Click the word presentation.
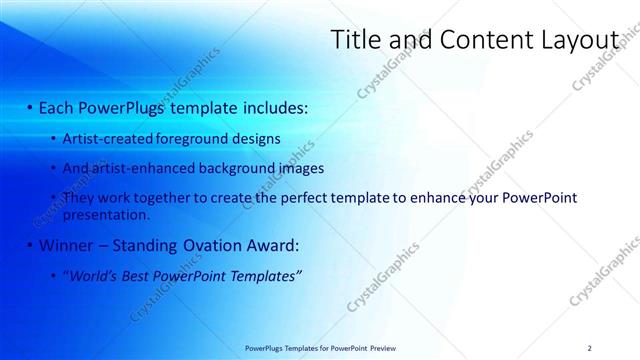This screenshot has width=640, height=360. point(106,214)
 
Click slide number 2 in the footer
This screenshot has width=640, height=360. point(589,347)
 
